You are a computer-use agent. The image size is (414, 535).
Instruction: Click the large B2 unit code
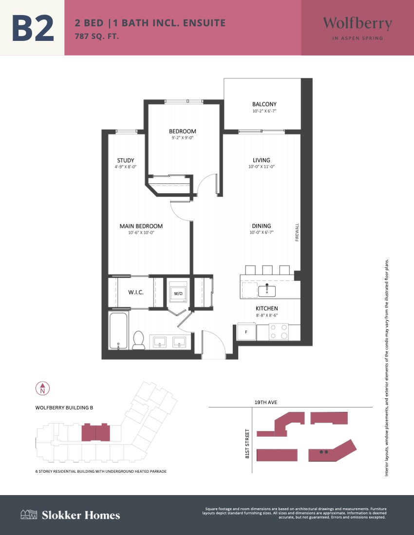click(33, 28)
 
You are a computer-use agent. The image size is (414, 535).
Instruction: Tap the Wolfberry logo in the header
click(358, 28)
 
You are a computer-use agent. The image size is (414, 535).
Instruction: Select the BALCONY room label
click(264, 104)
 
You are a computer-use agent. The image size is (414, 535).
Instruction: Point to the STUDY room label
click(126, 160)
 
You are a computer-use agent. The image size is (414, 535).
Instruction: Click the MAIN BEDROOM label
click(141, 226)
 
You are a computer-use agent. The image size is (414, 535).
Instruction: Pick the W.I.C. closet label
click(136, 293)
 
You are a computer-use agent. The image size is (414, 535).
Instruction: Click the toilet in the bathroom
click(139, 340)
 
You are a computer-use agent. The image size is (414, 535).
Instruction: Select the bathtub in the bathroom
click(118, 330)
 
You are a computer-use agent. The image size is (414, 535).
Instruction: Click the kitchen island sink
click(267, 290)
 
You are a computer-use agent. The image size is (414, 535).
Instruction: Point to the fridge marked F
click(246, 332)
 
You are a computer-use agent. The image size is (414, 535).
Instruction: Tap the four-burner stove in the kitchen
click(279, 332)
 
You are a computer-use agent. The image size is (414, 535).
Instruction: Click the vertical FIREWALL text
click(297, 232)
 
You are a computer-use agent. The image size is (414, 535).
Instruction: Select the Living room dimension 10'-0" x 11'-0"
click(262, 167)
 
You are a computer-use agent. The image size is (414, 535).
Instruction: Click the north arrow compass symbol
click(43, 388)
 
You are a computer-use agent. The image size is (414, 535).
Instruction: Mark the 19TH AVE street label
click(266, 402)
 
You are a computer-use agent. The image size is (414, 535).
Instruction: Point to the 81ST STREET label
click(247, 443)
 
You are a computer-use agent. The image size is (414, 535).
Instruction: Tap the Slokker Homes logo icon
click(29, 515)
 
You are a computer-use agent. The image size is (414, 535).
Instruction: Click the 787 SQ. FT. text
click(97, 36)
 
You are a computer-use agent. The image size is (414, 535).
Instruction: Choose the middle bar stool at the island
click(267, 270)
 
